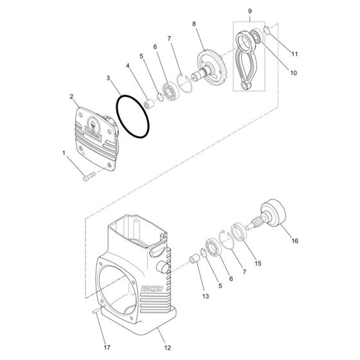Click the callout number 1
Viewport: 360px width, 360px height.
pos(64,153)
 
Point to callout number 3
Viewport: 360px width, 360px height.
pos(110,78)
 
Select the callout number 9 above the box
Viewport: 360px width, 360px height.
pos(250,11)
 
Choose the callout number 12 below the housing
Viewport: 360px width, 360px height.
pos(167,348)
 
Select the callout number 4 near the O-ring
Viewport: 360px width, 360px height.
pos(129,66)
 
